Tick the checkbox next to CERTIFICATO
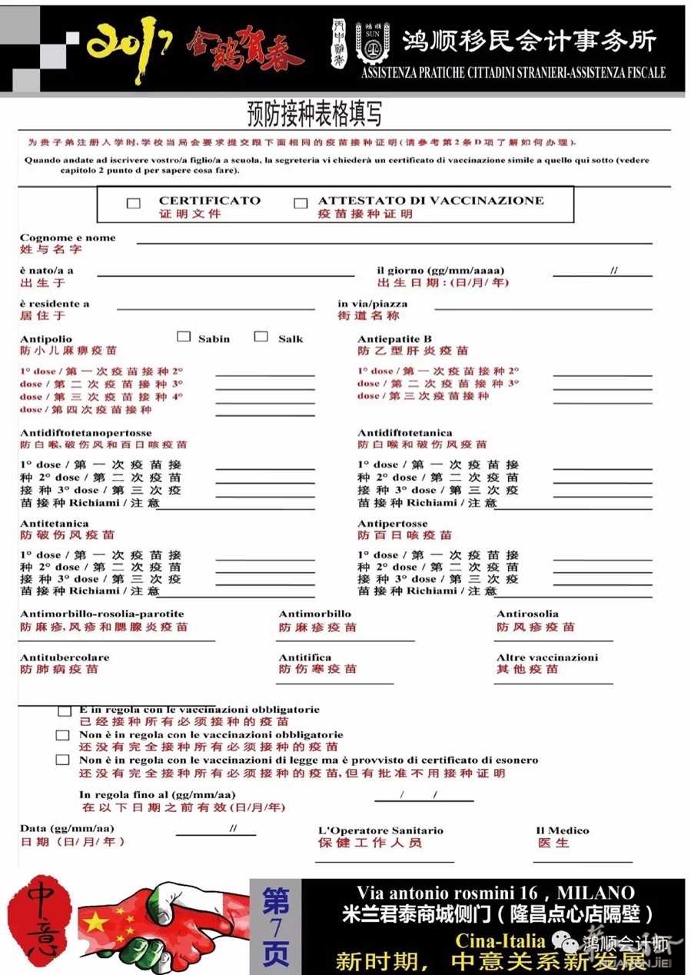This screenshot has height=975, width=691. (x=134, y=204)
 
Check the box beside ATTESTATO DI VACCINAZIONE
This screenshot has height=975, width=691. (x=301, y=204)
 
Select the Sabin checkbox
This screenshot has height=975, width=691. (x=184, y=337)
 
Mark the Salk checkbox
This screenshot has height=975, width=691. (x=261, y=337)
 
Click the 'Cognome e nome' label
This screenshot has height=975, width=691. (x=68, y=238)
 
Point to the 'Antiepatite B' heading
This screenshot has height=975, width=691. (x=394, y=339)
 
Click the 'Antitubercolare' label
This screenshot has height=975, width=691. (x=65, y=658)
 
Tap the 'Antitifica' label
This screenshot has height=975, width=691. (x=305, y=658)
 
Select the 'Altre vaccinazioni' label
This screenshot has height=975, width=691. (x=546, y=658)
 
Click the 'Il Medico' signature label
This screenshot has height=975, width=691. (x=562, y=831)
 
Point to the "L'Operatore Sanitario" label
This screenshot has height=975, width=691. (x=380, y=831)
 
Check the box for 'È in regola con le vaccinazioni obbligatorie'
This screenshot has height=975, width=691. (x=65, y=711)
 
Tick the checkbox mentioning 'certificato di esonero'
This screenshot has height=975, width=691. (x=63, y=760)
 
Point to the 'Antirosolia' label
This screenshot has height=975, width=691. (x=527, y=614)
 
